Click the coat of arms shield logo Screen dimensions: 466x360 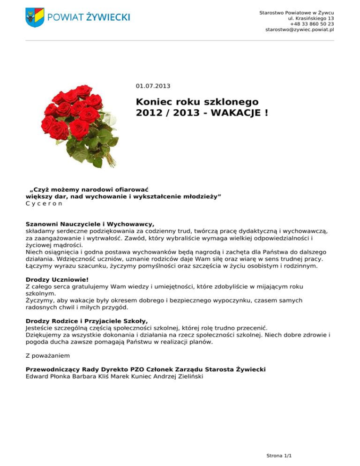coord(35,17)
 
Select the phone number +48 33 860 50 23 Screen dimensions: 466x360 coord(312,23)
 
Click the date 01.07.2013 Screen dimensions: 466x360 coord(153,86)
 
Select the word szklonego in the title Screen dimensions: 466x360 coord(233,101)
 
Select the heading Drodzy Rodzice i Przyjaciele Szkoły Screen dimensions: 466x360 coord(87,321)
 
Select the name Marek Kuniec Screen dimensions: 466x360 coord(131,376)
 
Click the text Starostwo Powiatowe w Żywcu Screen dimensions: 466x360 coord(296,12)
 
